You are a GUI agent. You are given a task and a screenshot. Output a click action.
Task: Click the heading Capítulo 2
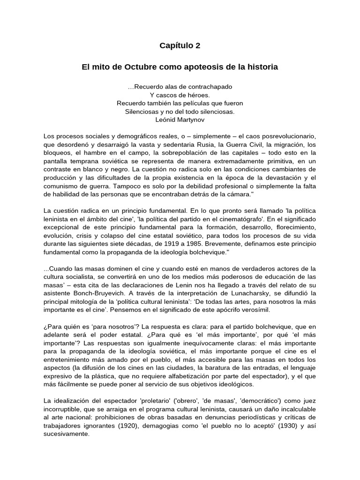[x=180, y=45]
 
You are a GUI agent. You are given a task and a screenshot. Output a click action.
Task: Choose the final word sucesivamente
[x=66, y=434]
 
